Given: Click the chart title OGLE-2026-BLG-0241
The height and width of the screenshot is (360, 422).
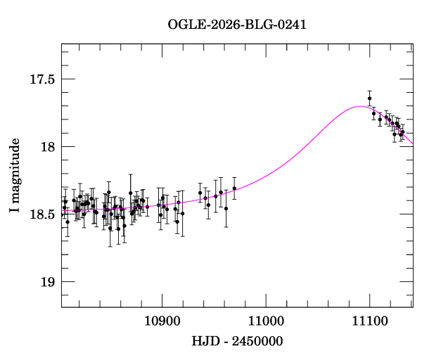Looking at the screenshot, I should coord(237,25).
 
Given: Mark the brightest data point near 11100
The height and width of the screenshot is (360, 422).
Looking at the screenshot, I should coord(369,98).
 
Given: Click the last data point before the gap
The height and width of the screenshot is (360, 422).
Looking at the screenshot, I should coord(234,188).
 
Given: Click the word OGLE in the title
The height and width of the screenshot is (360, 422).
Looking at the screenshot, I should coord(184,25).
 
